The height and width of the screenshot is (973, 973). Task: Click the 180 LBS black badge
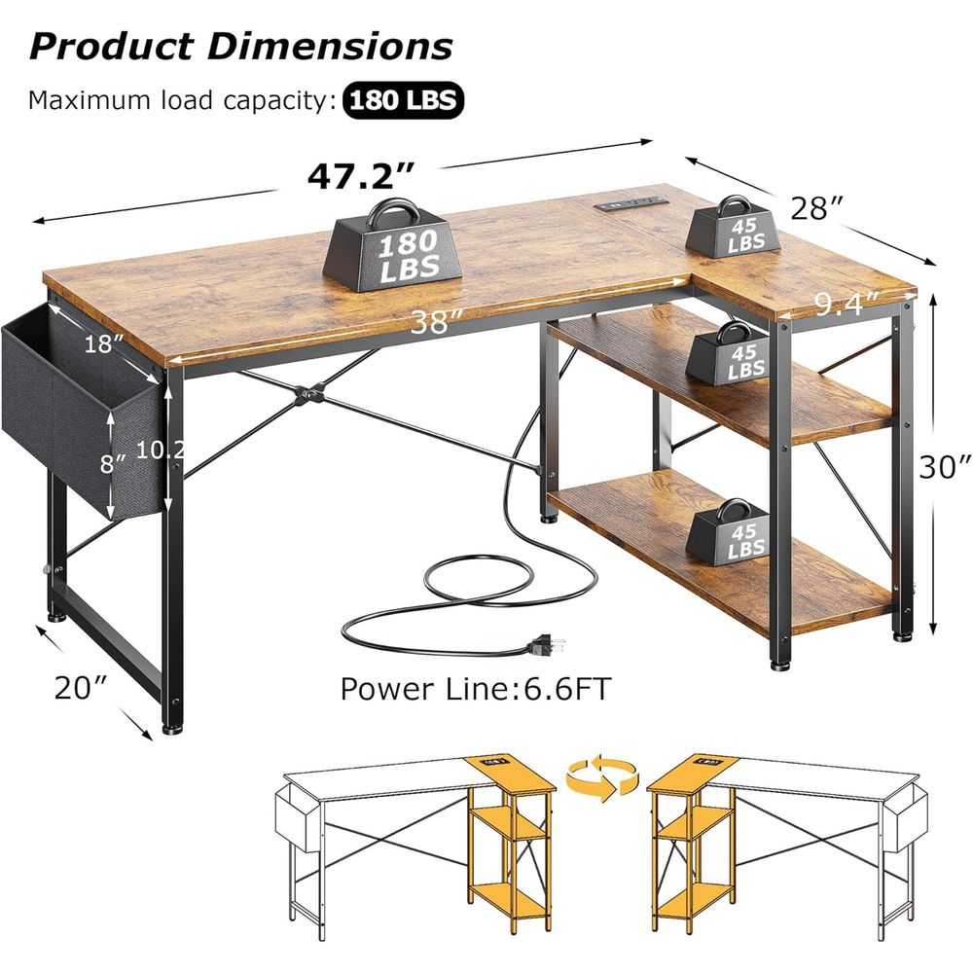tap(404, 100)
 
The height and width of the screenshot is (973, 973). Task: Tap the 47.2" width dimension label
tap(361, 175)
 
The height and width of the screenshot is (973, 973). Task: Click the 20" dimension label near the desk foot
tap(82, 688)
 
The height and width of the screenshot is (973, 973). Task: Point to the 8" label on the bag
tap(113, 462)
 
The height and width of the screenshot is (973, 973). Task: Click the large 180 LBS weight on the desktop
tap(392, 247)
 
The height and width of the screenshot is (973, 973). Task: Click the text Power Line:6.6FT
tap(476, 688)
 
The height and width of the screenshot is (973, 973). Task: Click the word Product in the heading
tap(112, 46)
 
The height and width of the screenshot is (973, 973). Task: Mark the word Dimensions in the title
tap(330, 46)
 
